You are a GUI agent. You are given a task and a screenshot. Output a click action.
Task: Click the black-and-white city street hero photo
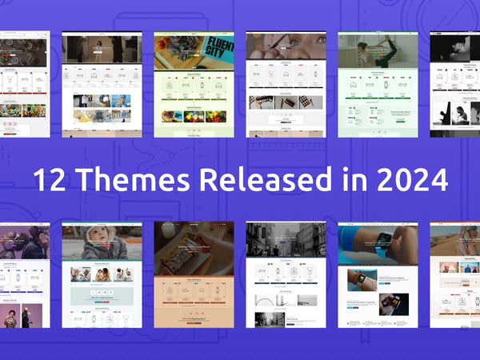point(286,240)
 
